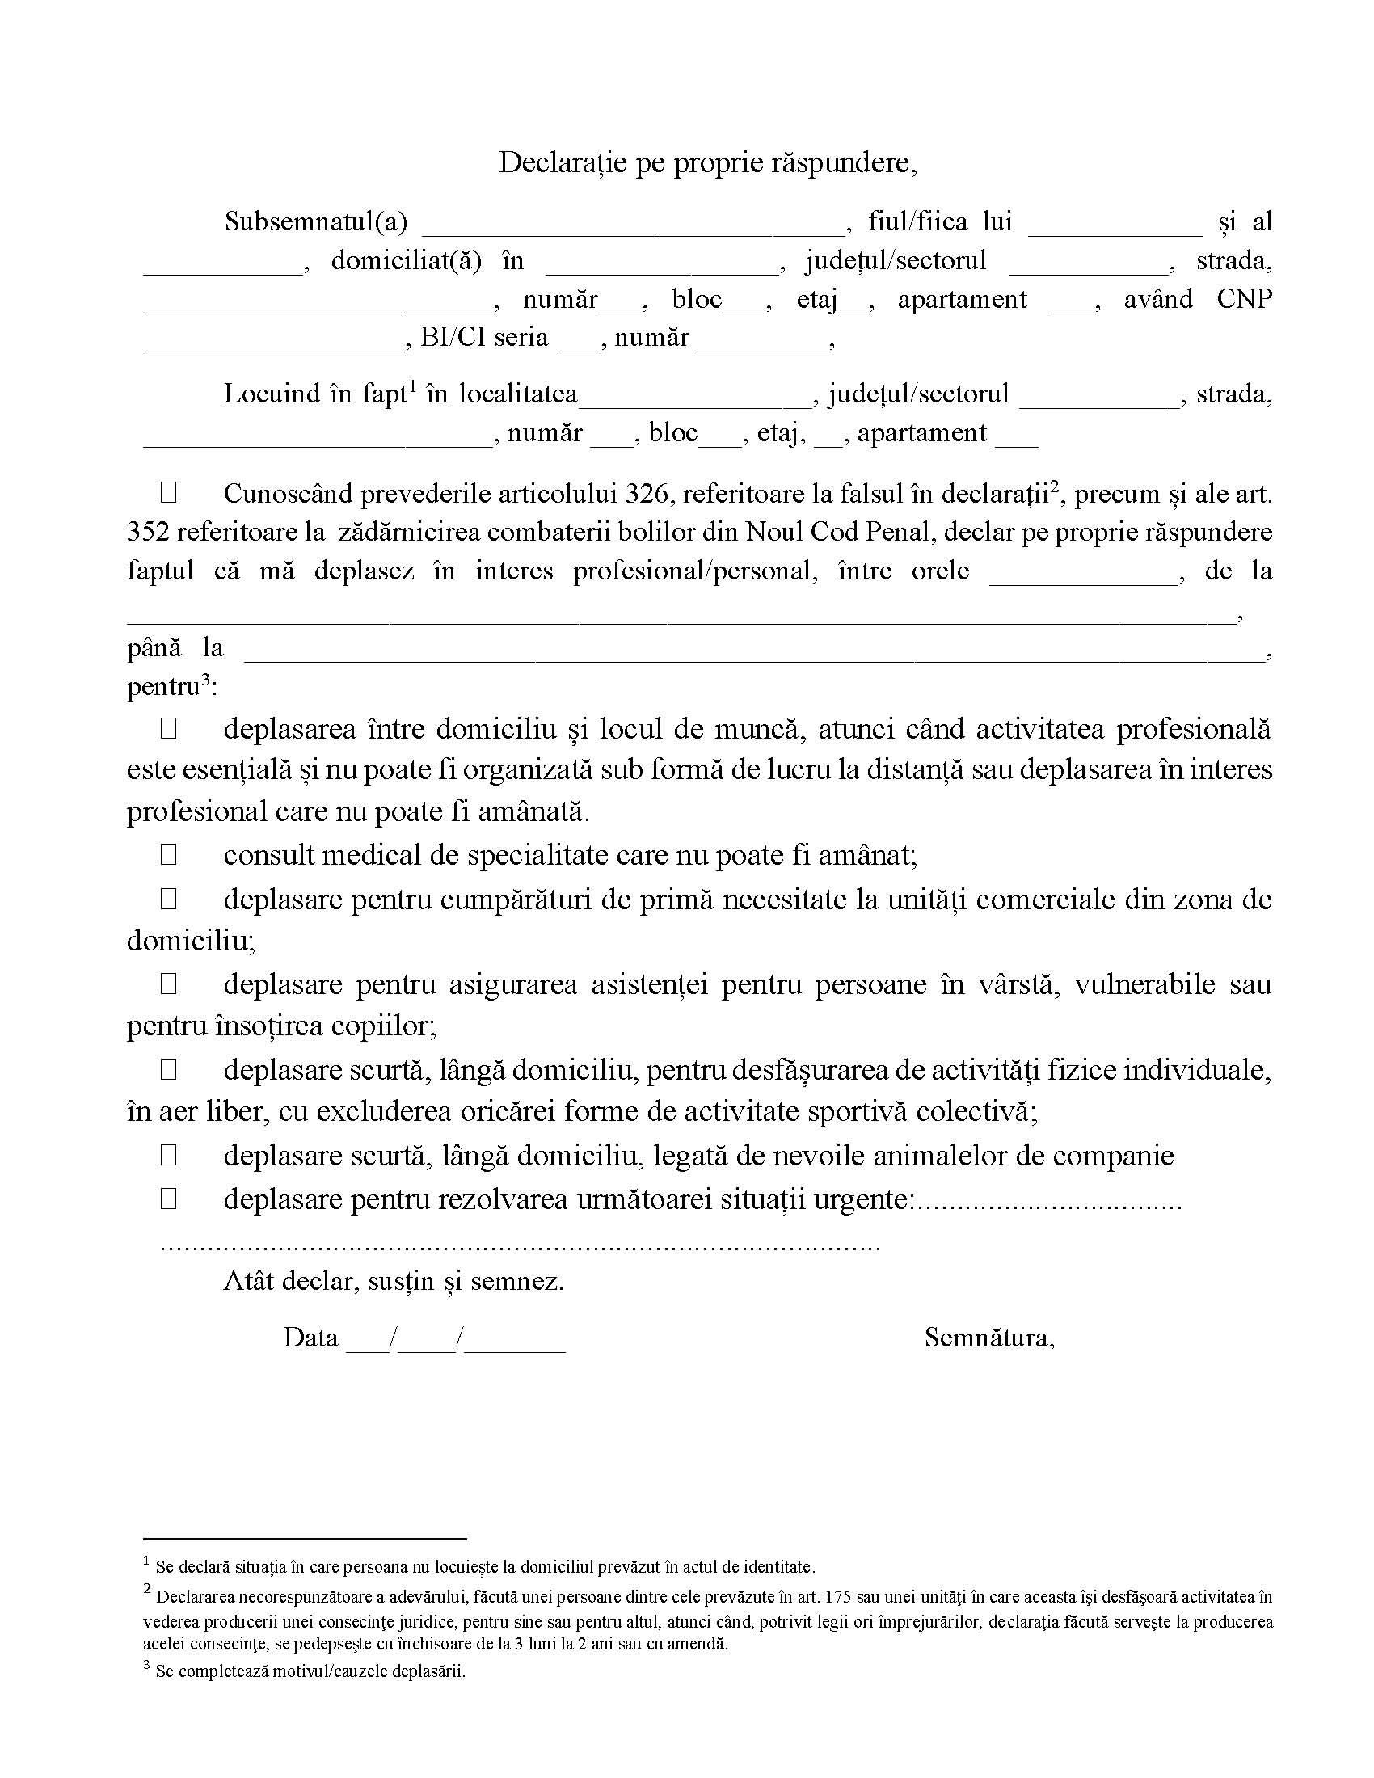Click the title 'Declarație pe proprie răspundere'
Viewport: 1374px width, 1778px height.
pos(707,162)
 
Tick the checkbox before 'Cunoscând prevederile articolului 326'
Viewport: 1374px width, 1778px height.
pos(168,492)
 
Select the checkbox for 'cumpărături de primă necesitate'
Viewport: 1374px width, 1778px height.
pos(168,899)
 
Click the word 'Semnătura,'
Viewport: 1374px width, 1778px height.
pos(989,1337)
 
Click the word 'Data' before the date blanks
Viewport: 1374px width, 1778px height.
pos(310,1337)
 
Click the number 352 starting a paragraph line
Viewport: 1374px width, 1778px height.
pos(148,533)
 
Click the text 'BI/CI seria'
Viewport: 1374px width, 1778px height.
pos(484,338)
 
